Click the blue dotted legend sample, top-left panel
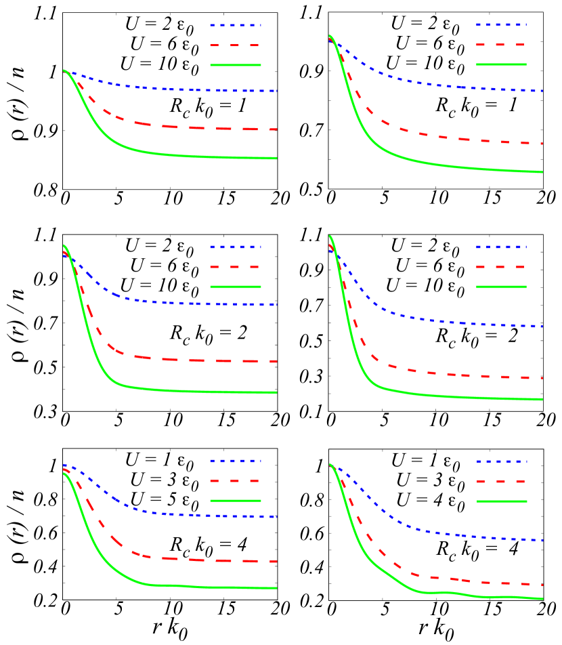(235, 25)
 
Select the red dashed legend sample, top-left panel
(235, 45)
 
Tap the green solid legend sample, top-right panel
(501, 64)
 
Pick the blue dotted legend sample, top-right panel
(501, 24)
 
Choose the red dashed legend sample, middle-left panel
(235, 267)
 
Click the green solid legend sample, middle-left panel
(235, 287)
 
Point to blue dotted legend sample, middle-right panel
(501, 247)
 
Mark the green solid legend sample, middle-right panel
(501, 287)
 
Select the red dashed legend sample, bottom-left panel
(235, 480)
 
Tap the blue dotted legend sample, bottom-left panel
(235, 461)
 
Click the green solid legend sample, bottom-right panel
(501, 501)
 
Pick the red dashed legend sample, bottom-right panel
(501, 481)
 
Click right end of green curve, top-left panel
(276, 158)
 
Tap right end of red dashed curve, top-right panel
(542, 143)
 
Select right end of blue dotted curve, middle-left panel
(276, 304)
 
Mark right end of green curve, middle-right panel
(542, 399)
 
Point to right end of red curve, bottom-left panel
(276, 561)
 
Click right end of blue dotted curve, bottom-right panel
(542, 540)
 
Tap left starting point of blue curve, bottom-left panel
(64, 465)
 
